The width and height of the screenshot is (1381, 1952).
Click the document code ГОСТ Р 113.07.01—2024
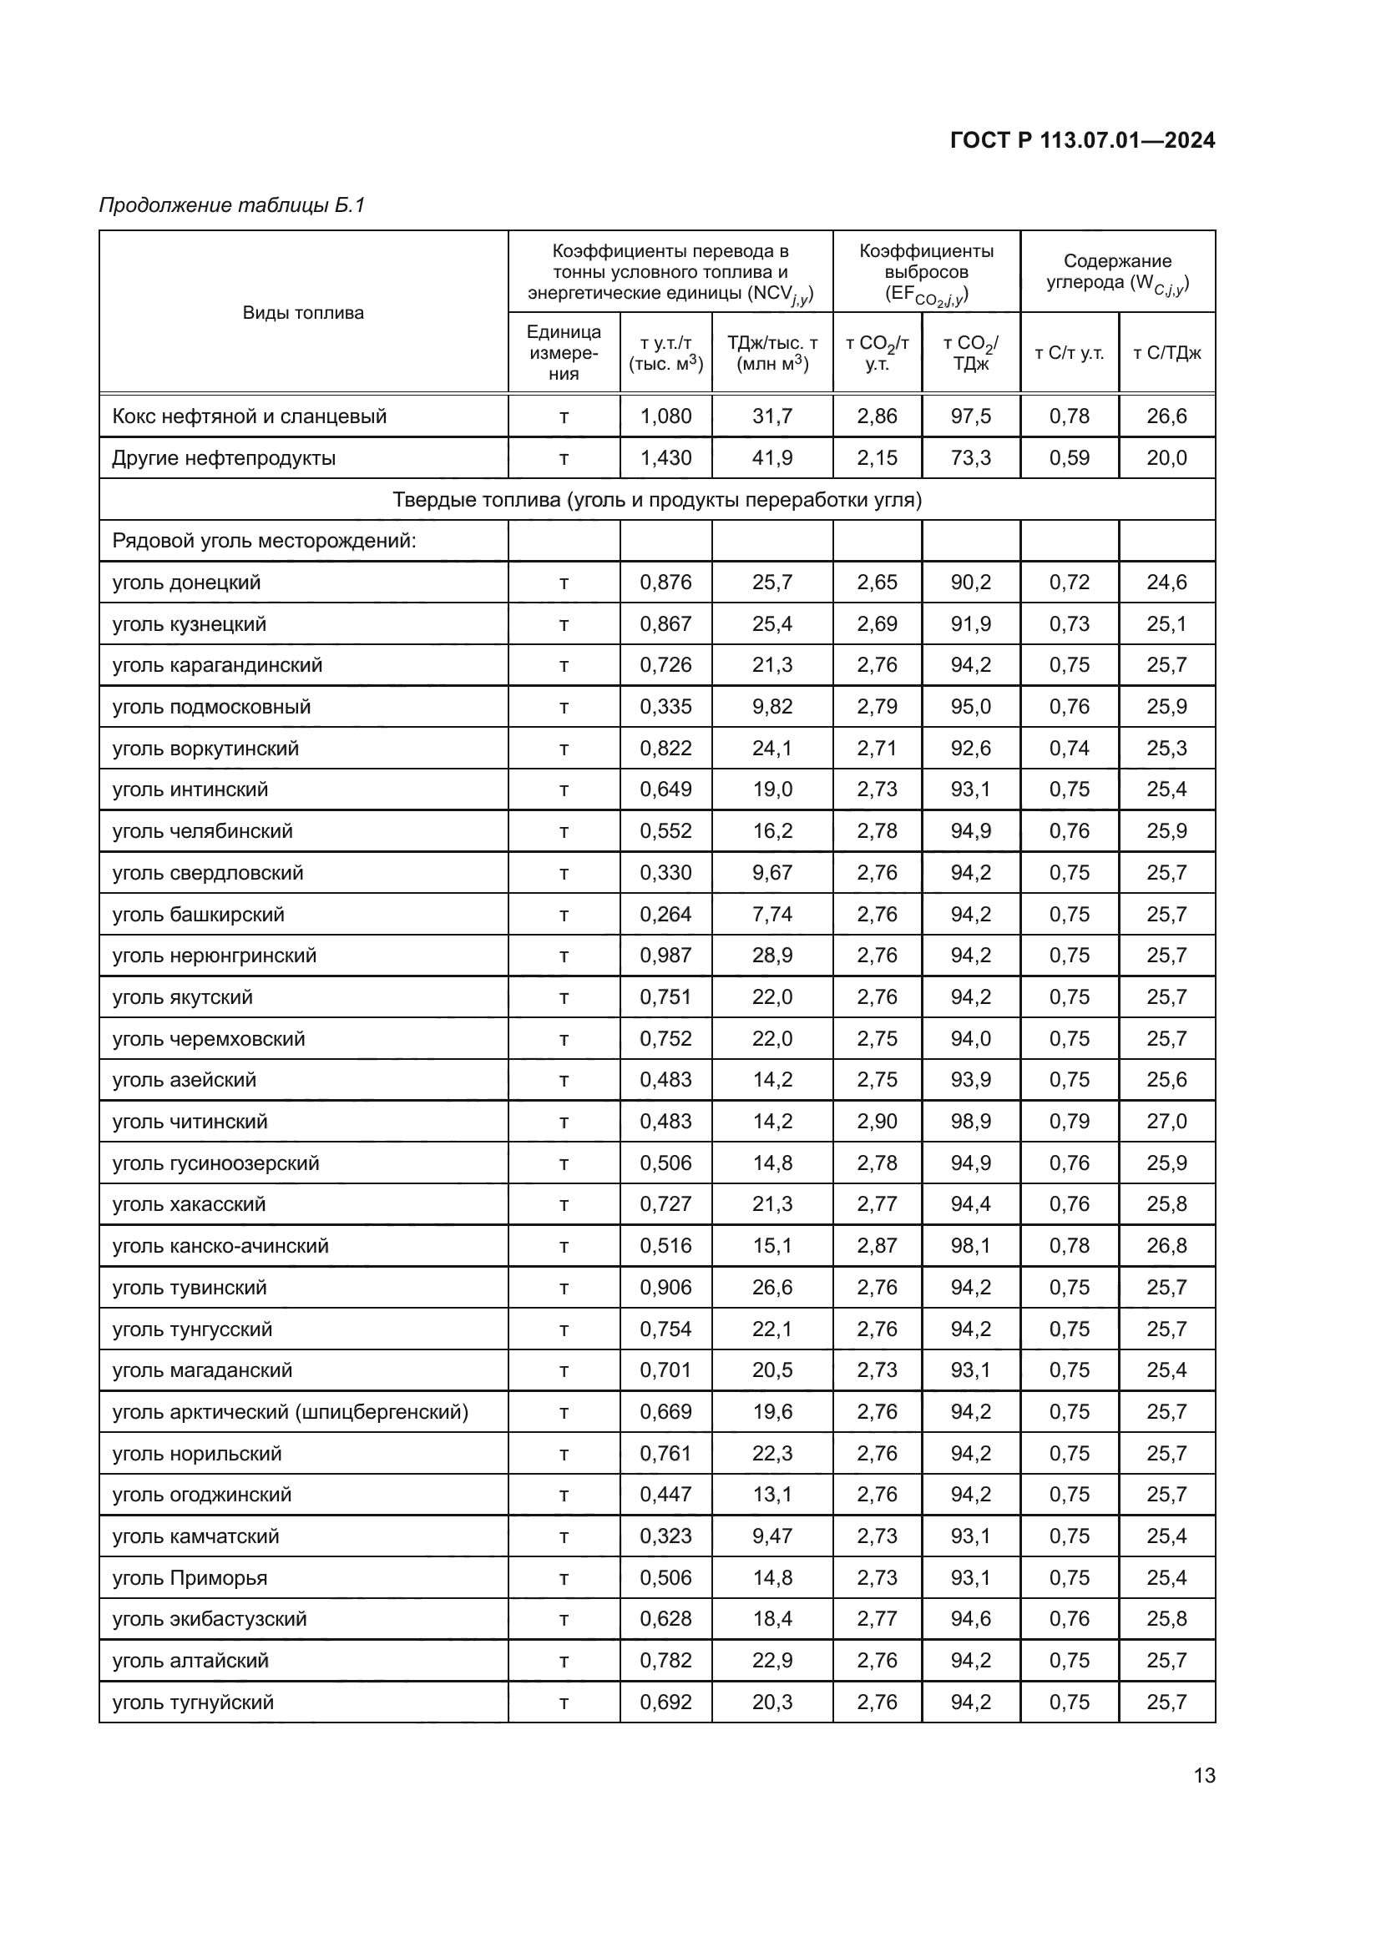coord(1081,140)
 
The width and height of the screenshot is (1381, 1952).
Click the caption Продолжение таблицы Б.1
coord(231,205)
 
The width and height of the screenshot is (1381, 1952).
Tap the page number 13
coord(1204,1775)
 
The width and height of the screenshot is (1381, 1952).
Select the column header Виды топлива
coord(303,312)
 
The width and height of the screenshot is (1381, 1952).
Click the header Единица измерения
coord(563,352)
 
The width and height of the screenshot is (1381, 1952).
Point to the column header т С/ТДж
coord(1166,353)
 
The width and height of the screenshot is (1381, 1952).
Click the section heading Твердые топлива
coord(656,499)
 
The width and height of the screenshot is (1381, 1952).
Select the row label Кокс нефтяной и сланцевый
coord(249,416)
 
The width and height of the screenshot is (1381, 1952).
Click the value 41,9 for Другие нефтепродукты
coord(771,457)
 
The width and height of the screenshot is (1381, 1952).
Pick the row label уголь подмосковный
coord(211,707)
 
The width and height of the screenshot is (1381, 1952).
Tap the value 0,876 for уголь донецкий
coord(665,583)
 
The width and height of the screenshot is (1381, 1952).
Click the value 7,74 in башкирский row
coord(771,914)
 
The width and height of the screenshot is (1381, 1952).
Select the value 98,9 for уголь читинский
coord(970,1122)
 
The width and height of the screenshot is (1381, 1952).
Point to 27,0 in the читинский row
coord(1166,1122)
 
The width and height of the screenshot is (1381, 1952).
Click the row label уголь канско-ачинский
coord(220,1245)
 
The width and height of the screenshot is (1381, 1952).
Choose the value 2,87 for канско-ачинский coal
coord(877,1245)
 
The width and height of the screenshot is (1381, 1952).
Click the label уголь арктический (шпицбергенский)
coord(290,1412)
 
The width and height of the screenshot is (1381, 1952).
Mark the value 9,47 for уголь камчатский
coord(771,1536)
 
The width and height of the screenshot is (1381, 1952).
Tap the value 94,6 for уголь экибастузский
coord(970,1619)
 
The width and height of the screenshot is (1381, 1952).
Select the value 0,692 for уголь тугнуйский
coord(665,1702)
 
